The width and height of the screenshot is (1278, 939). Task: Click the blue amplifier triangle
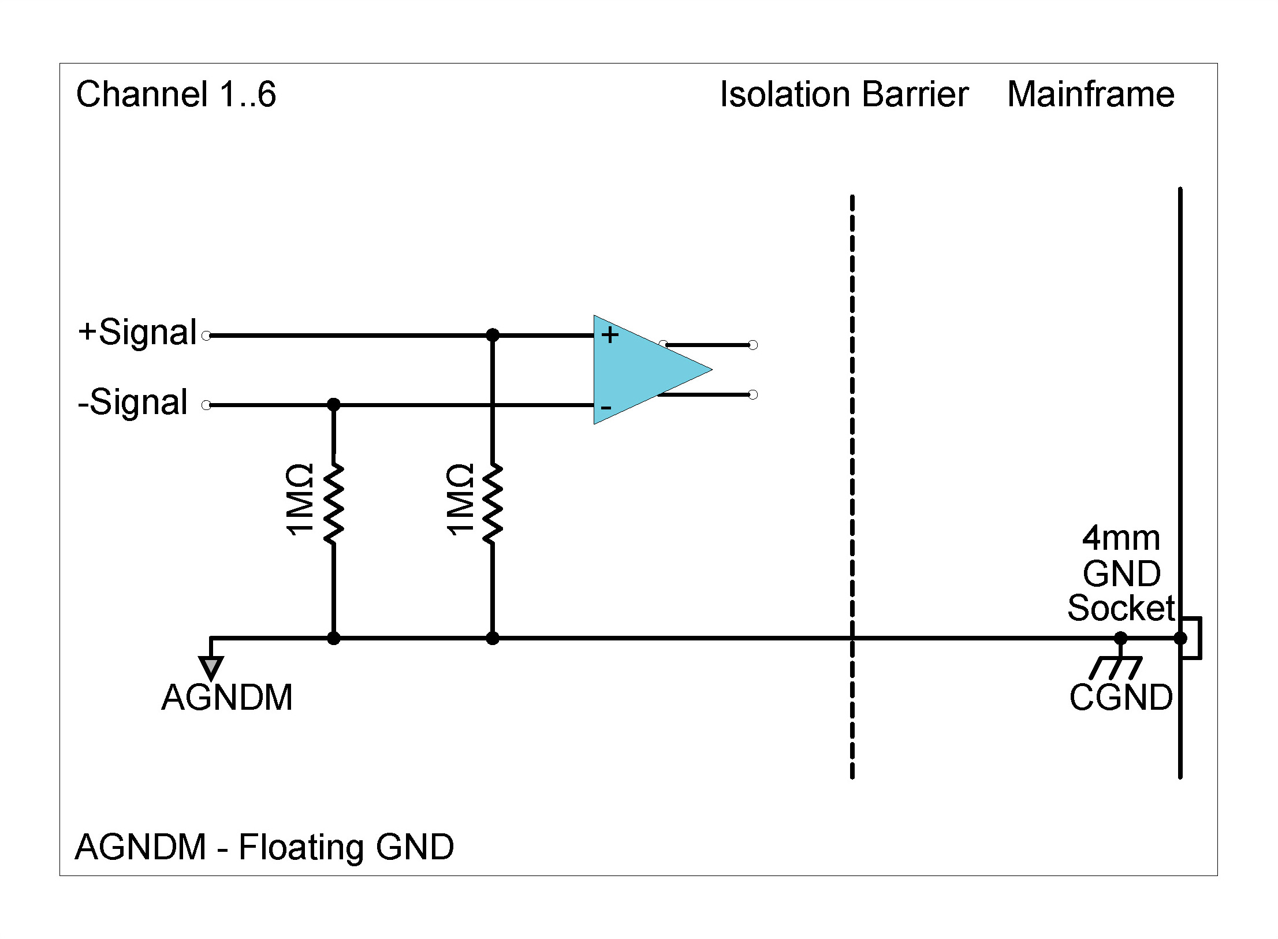(641, 370)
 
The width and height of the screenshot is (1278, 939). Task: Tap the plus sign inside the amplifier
(610, 335)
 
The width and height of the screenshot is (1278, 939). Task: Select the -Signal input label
(133, 402)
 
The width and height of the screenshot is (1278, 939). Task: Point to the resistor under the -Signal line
(334, 502)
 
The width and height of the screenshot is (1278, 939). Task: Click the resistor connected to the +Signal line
(493, 502)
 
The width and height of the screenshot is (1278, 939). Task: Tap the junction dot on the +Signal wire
(493, 335)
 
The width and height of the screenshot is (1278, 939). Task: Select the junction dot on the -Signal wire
(334, 405)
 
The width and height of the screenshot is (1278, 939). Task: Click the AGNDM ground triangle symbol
(211, 667)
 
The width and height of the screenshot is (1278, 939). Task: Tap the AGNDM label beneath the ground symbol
(227, 698)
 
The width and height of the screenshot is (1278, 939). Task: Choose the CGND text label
(1120, 698)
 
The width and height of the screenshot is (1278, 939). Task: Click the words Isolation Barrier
(844, 94)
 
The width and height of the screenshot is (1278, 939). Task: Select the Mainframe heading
(1090, 94)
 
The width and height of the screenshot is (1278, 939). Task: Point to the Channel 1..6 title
(176, 94)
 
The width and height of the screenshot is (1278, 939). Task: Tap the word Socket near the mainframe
(1120, 608)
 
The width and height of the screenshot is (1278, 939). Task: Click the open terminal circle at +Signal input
(206, 335)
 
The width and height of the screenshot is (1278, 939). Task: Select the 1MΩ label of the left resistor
(299, 500)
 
